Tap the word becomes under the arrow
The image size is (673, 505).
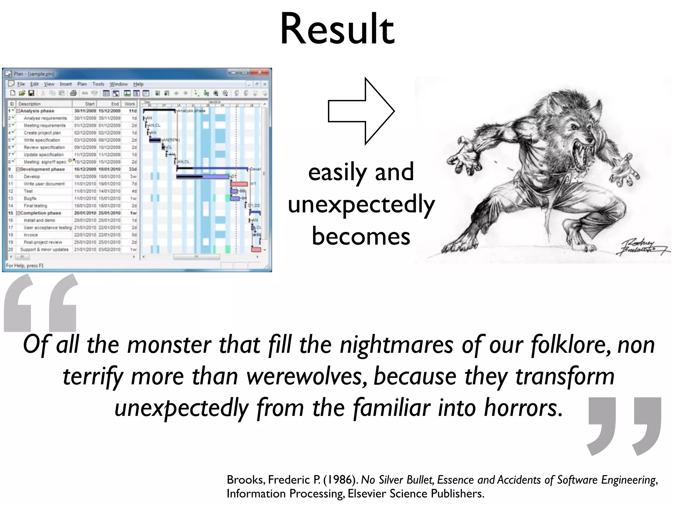tap(361, 236)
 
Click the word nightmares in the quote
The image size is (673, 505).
tap(396, 345)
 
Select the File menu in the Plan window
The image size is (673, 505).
tap(21, 84)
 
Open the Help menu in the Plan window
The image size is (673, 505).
tap(138, 84)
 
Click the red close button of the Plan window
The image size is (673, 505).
tap(260, 72)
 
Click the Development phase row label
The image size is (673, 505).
tap(42, 169)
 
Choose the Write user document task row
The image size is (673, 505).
tap(44, 184)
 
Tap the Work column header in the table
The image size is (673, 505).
tap(130, 104)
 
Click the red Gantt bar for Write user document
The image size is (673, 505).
tap(239, 184)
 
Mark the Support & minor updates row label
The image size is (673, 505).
tap(44, 250)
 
